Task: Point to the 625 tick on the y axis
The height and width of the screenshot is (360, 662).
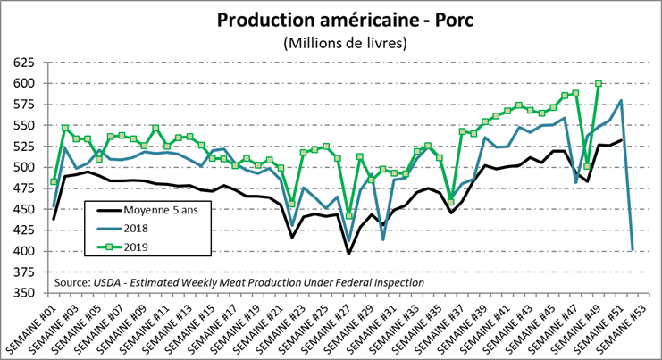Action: click(21, 63)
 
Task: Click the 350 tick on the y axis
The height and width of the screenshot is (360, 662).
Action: click(21, 292)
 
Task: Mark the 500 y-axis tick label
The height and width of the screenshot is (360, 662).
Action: click(21, 167)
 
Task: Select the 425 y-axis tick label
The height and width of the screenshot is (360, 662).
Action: click(21, 230)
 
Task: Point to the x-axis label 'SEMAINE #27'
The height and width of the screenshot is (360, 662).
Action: click(328, 327)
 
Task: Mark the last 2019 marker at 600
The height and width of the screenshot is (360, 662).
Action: click(599, 84)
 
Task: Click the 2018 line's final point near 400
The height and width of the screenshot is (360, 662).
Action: click(633, 249)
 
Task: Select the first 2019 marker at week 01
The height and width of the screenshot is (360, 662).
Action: click(54, 181)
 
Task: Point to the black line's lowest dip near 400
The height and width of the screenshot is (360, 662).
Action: click(349, 254)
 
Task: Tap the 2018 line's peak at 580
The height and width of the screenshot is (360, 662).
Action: click(621, 101)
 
